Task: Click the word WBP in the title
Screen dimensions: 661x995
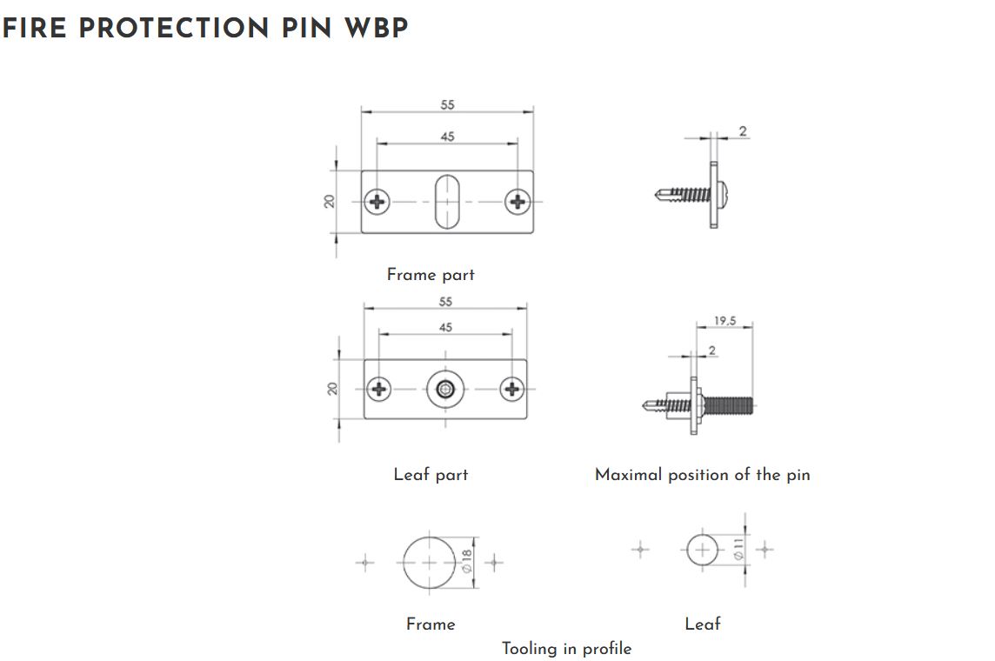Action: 376,28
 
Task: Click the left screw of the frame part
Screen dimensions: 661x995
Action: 377,202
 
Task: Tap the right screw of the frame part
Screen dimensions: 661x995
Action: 518,202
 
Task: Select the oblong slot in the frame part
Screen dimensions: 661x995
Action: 447,201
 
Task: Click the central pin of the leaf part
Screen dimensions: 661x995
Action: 445,389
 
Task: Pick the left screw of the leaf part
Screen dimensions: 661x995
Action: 379,389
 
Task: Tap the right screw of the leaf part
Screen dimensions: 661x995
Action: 513,389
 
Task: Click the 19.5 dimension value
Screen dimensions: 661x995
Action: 725,321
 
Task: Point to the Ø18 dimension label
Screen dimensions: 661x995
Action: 466,562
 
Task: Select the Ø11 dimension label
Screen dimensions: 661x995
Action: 738,549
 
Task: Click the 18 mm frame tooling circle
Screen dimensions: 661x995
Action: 429,563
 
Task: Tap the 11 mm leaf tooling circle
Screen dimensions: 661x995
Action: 703,550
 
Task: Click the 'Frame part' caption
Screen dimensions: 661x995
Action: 431,275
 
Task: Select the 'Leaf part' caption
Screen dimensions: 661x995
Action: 431,475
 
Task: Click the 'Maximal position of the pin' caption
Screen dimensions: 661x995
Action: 702,475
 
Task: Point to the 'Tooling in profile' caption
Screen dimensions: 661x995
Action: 566,649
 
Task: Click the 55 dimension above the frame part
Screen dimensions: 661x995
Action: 447,104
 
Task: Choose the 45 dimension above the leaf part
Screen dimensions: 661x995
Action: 445,328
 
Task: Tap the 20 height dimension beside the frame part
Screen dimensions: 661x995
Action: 330,201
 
